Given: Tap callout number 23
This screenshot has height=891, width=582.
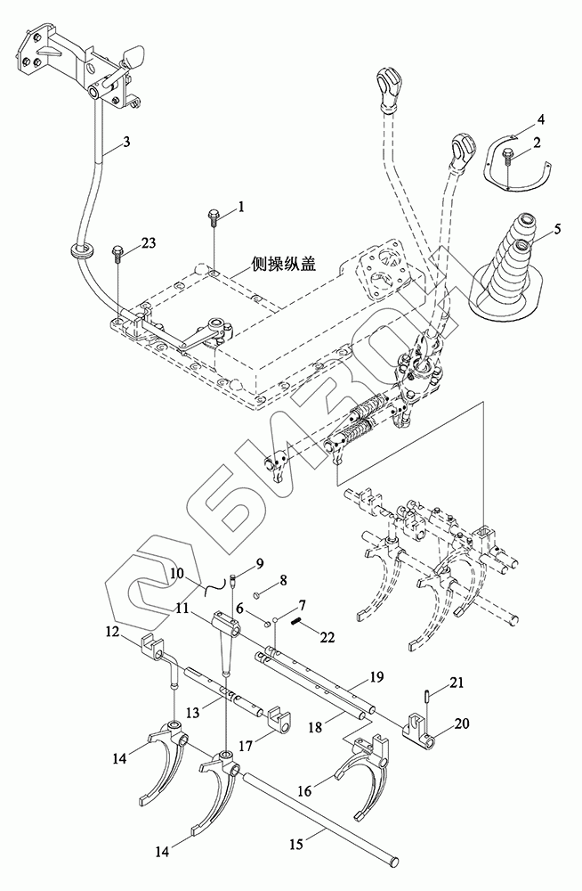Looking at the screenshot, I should [148, 242].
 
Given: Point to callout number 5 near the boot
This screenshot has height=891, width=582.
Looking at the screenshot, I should [558, 229].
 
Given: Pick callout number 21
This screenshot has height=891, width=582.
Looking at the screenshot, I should [457, 683].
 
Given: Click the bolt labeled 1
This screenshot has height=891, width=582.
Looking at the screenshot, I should [215, 217].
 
